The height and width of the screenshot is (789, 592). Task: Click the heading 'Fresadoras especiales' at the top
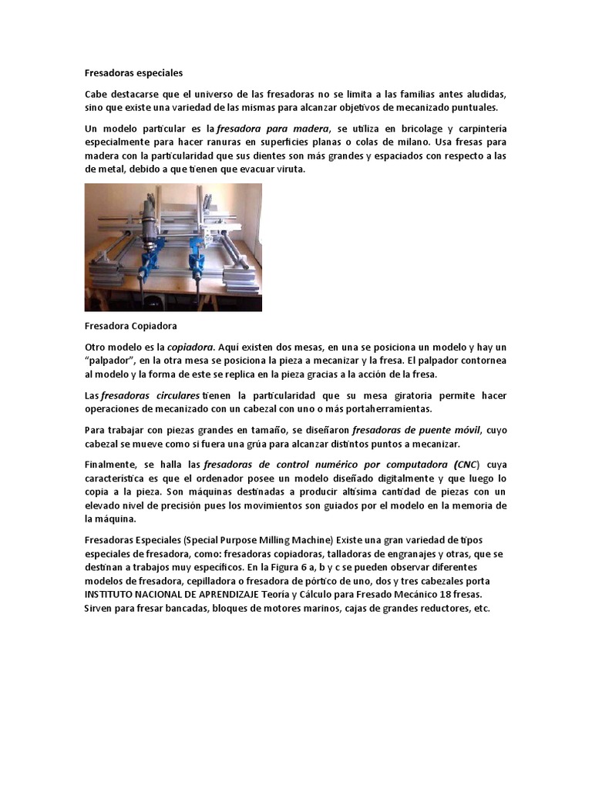coord(133,73)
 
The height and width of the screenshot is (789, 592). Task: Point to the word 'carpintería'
coord(479,129)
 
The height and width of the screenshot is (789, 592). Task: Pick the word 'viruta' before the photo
coord(290,170)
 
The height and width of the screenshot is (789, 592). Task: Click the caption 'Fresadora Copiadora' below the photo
coord(131,326)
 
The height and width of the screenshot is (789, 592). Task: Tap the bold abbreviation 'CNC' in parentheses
coord(465,465)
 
